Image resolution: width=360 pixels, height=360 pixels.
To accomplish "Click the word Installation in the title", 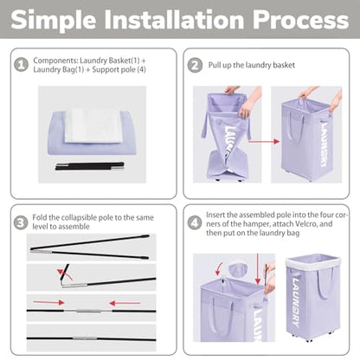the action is click(x=176, y=20).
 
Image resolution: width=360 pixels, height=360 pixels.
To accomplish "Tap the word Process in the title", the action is click(x=301, y=20).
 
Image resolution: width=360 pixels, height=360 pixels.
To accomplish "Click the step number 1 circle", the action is click(x=21, y=65).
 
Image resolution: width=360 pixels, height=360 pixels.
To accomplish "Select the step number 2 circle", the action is click(x=195, y=66).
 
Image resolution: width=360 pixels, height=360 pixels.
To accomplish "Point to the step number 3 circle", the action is click(x=21, y=222).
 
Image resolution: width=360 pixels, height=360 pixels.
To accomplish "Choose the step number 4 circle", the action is click(x=195, y=223).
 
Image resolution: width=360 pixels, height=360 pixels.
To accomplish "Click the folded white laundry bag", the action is click(x=93, y=126).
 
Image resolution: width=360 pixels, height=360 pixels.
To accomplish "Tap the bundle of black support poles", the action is click(x=90, y=166).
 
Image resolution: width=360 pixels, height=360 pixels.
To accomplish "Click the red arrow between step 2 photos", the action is click(x=264, y=141).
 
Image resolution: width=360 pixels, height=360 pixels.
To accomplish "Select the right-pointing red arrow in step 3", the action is click(x=48, y=302).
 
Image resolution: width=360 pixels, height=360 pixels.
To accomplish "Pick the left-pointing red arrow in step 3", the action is click(x=125, y=303).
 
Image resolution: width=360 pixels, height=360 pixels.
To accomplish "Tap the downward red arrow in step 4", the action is click(x=258, y=269).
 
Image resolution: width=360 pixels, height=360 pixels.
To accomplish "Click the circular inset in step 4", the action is click(x=238, y=270).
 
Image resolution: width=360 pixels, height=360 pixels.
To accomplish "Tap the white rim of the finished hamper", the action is click(x=313, y=261).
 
